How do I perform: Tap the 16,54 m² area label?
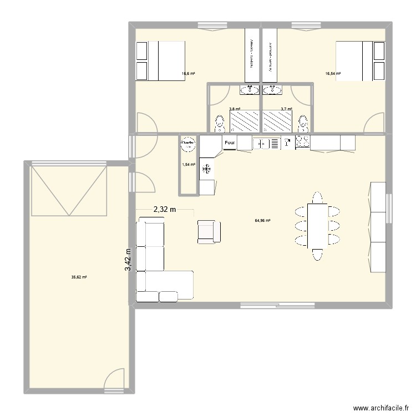(333, 73)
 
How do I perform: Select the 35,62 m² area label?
(79, 277)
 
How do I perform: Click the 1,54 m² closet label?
(189, 165)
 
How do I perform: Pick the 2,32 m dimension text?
(165, 209)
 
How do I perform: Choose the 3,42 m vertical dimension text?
(128, 260)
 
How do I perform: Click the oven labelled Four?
(230, 143)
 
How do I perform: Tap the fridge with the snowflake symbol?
(207, 169)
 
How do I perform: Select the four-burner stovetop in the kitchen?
(303, 143)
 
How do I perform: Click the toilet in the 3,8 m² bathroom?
(220, 123)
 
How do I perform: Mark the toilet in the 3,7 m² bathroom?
(303, 123)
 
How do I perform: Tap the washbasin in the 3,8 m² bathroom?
(251, 89)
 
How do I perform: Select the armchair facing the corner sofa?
(207, 231)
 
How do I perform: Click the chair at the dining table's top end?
(317, 197)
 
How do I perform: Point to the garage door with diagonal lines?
(69, 190)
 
